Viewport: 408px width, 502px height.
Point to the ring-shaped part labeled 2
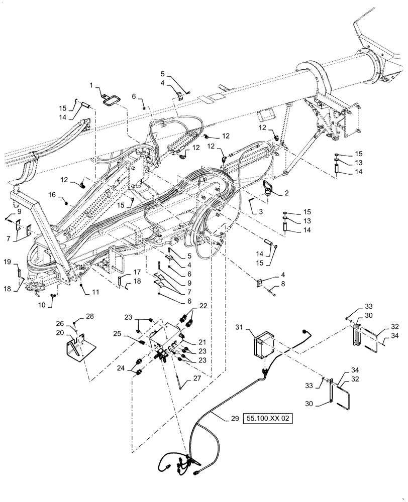pyautogui.click(x=269, y=189)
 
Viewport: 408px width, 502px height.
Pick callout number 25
pyautogui.click(x=131, y=334)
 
